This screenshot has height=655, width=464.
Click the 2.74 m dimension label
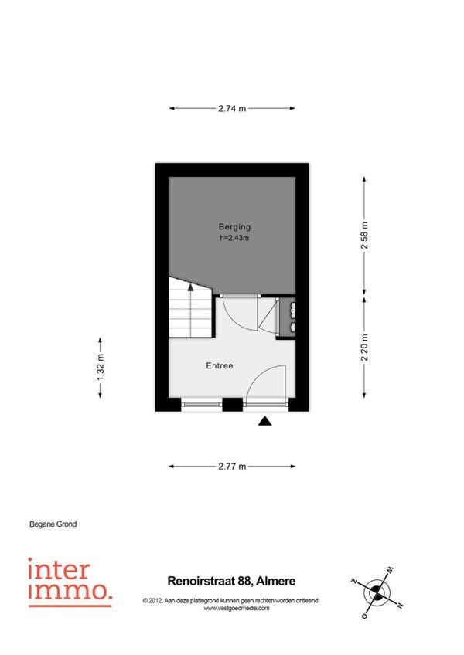click(232, 109)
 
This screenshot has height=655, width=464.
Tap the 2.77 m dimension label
click(232, 467)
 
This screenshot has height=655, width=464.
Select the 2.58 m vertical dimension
click(364, 236)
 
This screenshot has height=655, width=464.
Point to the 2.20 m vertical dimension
click(364, 348)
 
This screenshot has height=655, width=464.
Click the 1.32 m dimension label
click(101, 367)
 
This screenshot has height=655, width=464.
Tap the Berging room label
click(235, 227)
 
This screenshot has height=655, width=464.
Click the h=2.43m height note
click(234, 238)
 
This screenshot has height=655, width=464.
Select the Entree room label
click(220, 365)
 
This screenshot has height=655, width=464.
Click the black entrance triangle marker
click(264, 421)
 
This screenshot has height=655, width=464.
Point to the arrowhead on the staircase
click(191, 287)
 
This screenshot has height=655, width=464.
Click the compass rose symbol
click(377, 592)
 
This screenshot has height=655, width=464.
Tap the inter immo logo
click(70, 582)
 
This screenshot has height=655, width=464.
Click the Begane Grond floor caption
click(53, 524)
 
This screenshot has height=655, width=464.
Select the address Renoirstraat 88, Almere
click(231, 581)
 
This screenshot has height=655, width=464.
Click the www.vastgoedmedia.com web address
click(237, 608)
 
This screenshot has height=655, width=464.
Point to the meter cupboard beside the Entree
click(287, 316)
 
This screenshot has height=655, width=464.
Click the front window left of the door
click(202, 404)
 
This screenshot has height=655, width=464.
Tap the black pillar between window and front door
click(233, 405)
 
